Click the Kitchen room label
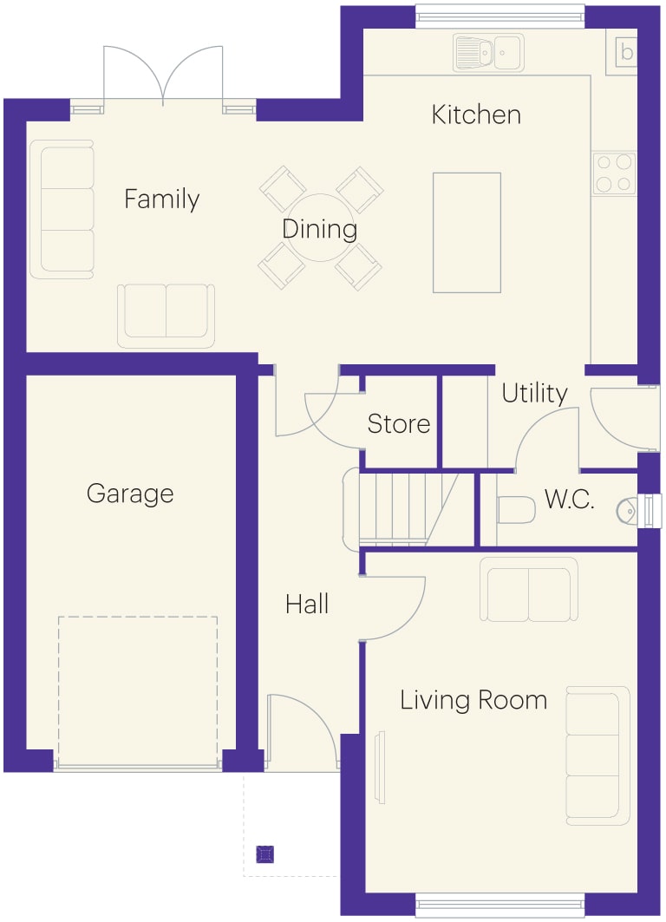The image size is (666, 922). [476, 114]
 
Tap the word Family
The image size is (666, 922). [161, 199]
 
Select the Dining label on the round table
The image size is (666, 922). [319, 229]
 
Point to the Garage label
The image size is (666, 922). [130, 494]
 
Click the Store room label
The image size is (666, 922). [399, 424]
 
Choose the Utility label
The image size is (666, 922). [534, 393]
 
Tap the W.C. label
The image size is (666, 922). [569, 500]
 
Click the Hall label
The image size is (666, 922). [307, 604]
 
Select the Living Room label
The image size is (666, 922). [473, 700]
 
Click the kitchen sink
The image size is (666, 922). [488, 52]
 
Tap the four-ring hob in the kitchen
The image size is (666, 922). [614, 173]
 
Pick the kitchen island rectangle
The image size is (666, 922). [467, 232]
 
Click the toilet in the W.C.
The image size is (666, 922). [516, 509]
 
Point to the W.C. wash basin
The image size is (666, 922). [627, 510]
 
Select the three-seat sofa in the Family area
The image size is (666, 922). [62, 209]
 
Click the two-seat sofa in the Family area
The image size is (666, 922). [166, 316]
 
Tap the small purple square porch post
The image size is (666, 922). [265, 853]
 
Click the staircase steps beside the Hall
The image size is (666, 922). [401, 509]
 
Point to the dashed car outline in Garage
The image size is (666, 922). [138, 690]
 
